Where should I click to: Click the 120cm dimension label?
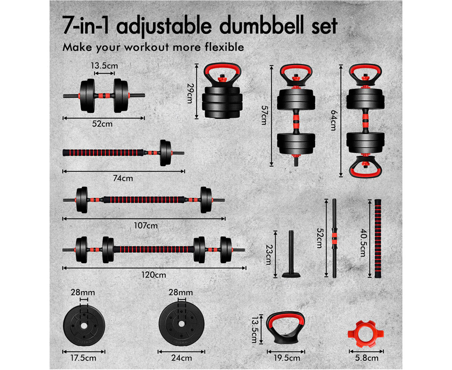[x=153, y=275]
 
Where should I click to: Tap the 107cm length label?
[x=146, y=226]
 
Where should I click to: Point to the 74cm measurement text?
[x=123, y=178]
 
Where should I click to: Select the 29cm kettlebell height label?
[x=190, y=93]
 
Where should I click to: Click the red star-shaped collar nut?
[x=366, y=334]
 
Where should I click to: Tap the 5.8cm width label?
[x=366, y=358]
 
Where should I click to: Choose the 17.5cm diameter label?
[x=83, y=358]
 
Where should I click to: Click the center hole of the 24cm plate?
[x=181, y=324]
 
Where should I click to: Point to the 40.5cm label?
[x=363, y=243]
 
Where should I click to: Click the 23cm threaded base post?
[x=291, y=254]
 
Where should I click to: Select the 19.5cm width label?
[x=287, y=358]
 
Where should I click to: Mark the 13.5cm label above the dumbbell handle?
[x=104, y=66]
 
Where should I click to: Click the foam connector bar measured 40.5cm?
[x=378, y=239]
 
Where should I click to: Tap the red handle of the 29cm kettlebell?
[x=222, y=69]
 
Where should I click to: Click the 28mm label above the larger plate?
[x=181, y=292]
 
